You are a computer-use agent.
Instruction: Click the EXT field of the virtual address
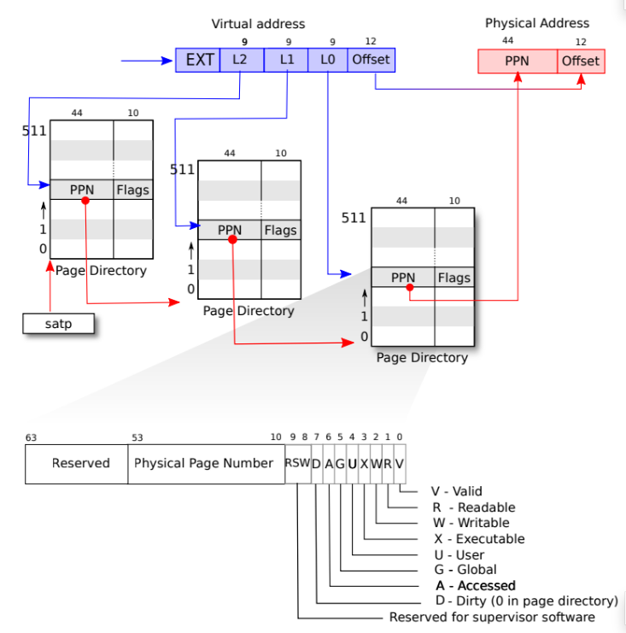click(x=198, y=60)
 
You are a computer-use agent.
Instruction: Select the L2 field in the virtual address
click(x=242, y=60)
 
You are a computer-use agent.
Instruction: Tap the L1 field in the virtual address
click(x=285, y=60)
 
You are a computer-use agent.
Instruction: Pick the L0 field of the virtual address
click(x=328, y=60)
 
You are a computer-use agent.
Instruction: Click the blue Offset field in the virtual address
click(x=371, y=60)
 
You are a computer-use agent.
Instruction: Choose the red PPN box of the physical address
click(x=518, y=61)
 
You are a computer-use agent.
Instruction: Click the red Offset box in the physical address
click(x=582, y=61)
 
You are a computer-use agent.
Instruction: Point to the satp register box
click(x=58, y=324)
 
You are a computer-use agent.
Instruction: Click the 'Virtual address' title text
click(x=258, y=24)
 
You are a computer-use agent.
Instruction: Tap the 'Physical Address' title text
click(x=537, y=23)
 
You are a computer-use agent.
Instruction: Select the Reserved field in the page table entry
click(x=80, y=463)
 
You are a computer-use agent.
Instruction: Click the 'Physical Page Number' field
click(x=206, y=463)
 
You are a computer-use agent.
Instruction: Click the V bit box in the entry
click(x=400, y=463)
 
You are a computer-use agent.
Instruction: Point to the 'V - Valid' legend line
click(x=457, y=491)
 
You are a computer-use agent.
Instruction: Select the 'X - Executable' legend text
click(x=478, y=538)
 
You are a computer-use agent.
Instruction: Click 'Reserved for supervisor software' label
click(x=492, y=617)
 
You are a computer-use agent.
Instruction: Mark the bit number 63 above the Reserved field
click(x=31, y=438)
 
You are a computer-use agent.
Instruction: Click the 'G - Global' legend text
click(x=465, y=570)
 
